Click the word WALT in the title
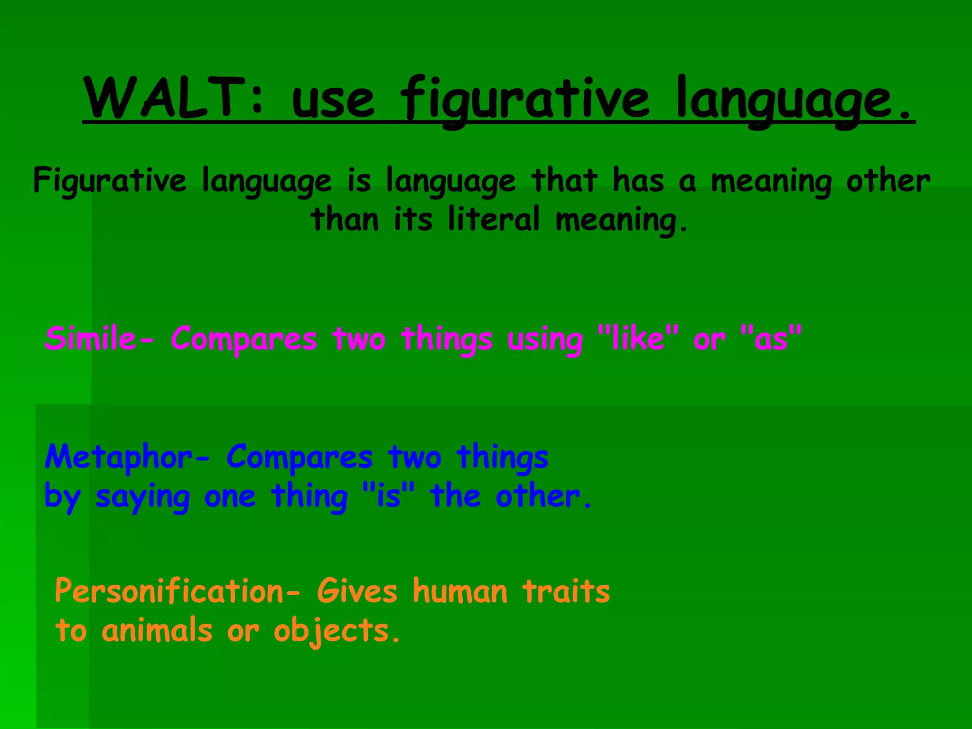(x=164, y=98)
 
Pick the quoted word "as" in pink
(x=771, y=339)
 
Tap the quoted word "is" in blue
(x=388, y=496)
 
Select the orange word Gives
(x=357, y=591)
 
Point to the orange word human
(x=460, y=591)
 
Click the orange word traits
(x=566, y=591)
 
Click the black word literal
(x=494, y=219)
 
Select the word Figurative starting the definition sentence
(x=110, y=181)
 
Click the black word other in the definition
(x=888, y=181)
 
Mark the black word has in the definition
(x=638, y=180)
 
